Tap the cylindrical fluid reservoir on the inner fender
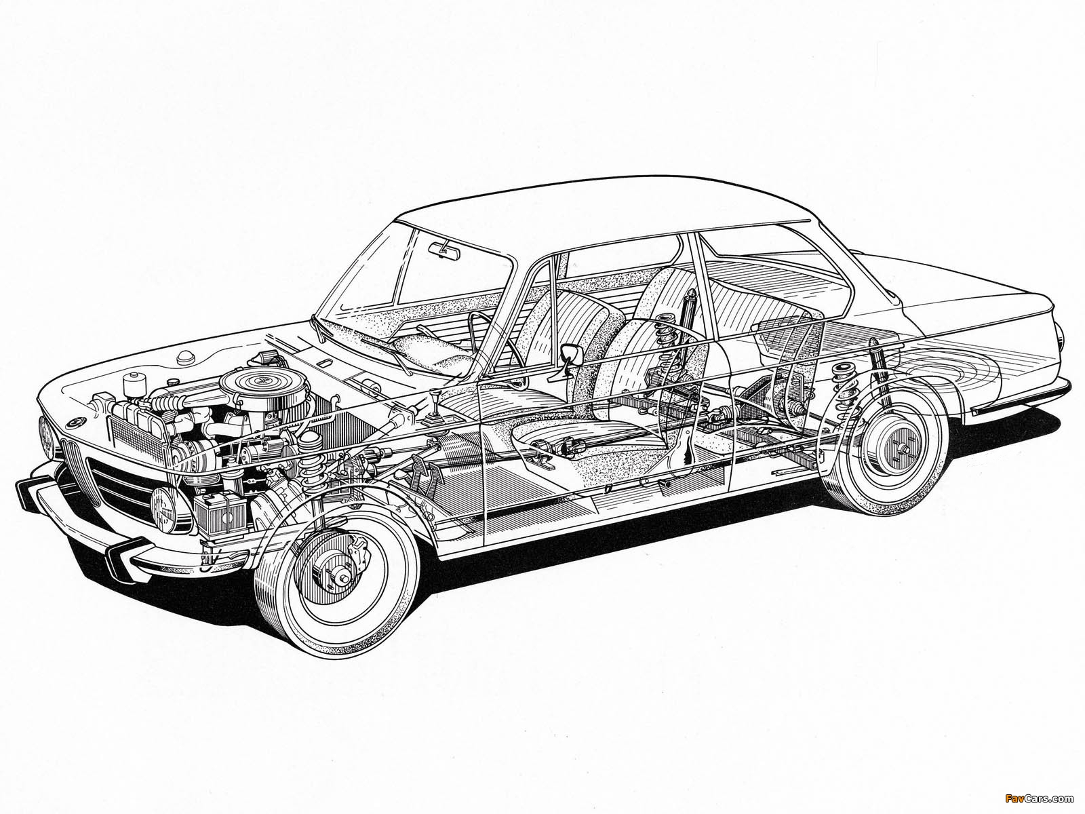point(131,385)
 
